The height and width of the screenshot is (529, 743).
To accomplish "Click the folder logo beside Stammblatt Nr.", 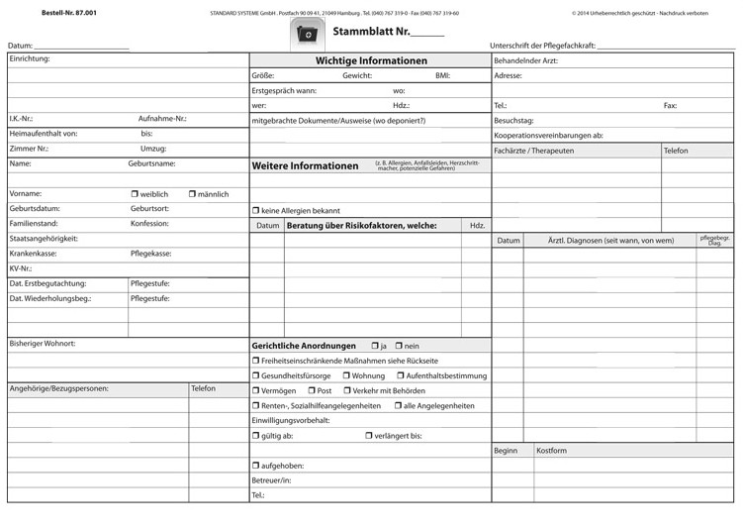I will pyautogui.click(x=309, y=36).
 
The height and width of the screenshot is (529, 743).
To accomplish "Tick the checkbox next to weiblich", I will pyautogui.click(x=135, y=194).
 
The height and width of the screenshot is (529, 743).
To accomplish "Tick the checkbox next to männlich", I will pyautogui.click(x=192, y=194).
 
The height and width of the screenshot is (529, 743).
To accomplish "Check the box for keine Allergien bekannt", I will pyautogui.click(x=255, y=211).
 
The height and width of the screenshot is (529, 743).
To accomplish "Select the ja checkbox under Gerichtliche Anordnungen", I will pyautogui.click(x=375, y=346).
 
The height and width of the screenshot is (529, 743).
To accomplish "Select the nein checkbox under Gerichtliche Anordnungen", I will pyautogui.click(x=399, y=346).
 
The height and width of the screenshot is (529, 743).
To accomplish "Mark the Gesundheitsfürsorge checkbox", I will pyautogui.click(x=255, y=375).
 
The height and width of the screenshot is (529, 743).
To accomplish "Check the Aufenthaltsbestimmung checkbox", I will pyautogui.click(x=401, y=375).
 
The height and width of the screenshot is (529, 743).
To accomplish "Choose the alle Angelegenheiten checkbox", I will pyautogui.click(x=398, y=406).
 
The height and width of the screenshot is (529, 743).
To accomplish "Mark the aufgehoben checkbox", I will pyautogui.click(x=255, y=466).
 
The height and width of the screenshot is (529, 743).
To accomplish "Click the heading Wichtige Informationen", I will pyautogui.click(x=371, y=60).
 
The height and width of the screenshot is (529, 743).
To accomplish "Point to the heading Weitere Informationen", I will pyautogui.click(x=306, y=166).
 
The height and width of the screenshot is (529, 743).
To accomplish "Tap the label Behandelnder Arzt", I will pyautogui.click(x=525, y=60).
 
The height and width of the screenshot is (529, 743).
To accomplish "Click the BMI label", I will pyautogui.click(x=442, y=75).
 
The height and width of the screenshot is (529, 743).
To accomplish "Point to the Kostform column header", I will pyautogui.click(x=552, y=451).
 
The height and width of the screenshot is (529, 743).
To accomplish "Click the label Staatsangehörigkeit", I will pyautogui.click(x=43, y=239).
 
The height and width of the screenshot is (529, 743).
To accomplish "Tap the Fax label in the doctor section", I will pyautogui.click(x=670, y=105).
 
